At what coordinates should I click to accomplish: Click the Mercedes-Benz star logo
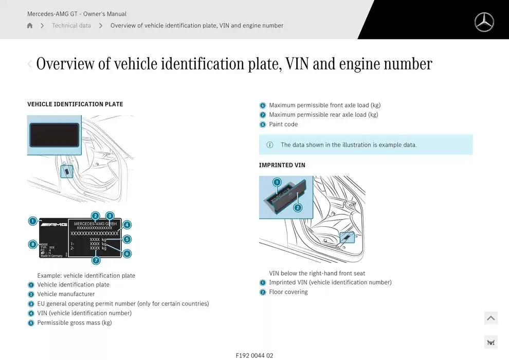[484, 22]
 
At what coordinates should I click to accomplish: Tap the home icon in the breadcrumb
[30, 26]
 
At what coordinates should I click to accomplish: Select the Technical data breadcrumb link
[71, 26]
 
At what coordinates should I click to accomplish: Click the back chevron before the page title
[30, 64]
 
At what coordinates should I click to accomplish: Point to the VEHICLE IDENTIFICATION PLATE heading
[75, 104]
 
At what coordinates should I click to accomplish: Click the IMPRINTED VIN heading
[282, 165]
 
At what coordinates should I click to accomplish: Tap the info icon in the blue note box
[270, 145]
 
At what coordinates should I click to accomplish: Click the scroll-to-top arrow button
[490, 318]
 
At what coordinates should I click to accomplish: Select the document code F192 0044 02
[254, 355]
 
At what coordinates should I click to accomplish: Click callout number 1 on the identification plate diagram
[33, 221]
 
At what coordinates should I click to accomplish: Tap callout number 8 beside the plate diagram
[33, 244]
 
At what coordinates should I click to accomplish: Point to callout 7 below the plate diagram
[96, 260]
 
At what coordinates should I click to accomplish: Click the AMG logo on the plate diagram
[53, 224]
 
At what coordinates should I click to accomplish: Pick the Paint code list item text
[283, 124]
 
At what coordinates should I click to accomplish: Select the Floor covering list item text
[288, 292]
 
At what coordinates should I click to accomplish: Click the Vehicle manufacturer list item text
[66, 294]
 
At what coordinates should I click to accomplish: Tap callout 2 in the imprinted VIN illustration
[298, 208]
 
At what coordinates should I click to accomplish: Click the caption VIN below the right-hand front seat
[317, 273]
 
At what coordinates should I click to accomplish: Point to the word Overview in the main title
[65, 64]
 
